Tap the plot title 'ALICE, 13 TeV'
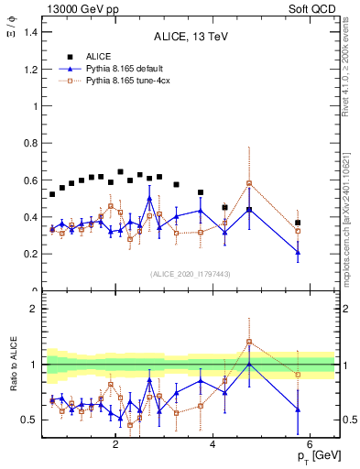(189, 38)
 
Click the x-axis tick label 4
(213, 445)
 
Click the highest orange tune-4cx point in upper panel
(249, 183)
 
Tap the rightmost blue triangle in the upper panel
(298, 252)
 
